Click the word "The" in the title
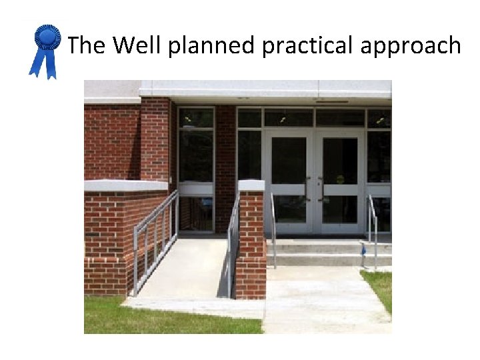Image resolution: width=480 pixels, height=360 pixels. pos(87,46)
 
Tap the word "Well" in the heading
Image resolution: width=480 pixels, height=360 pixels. pos(138,46)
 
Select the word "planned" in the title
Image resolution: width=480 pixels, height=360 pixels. pos(211,47)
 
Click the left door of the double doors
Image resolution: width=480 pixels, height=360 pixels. pos(289,180)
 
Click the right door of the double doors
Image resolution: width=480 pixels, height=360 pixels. pos(340,180)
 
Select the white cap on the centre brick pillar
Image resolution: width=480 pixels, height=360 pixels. pos(251,185)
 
